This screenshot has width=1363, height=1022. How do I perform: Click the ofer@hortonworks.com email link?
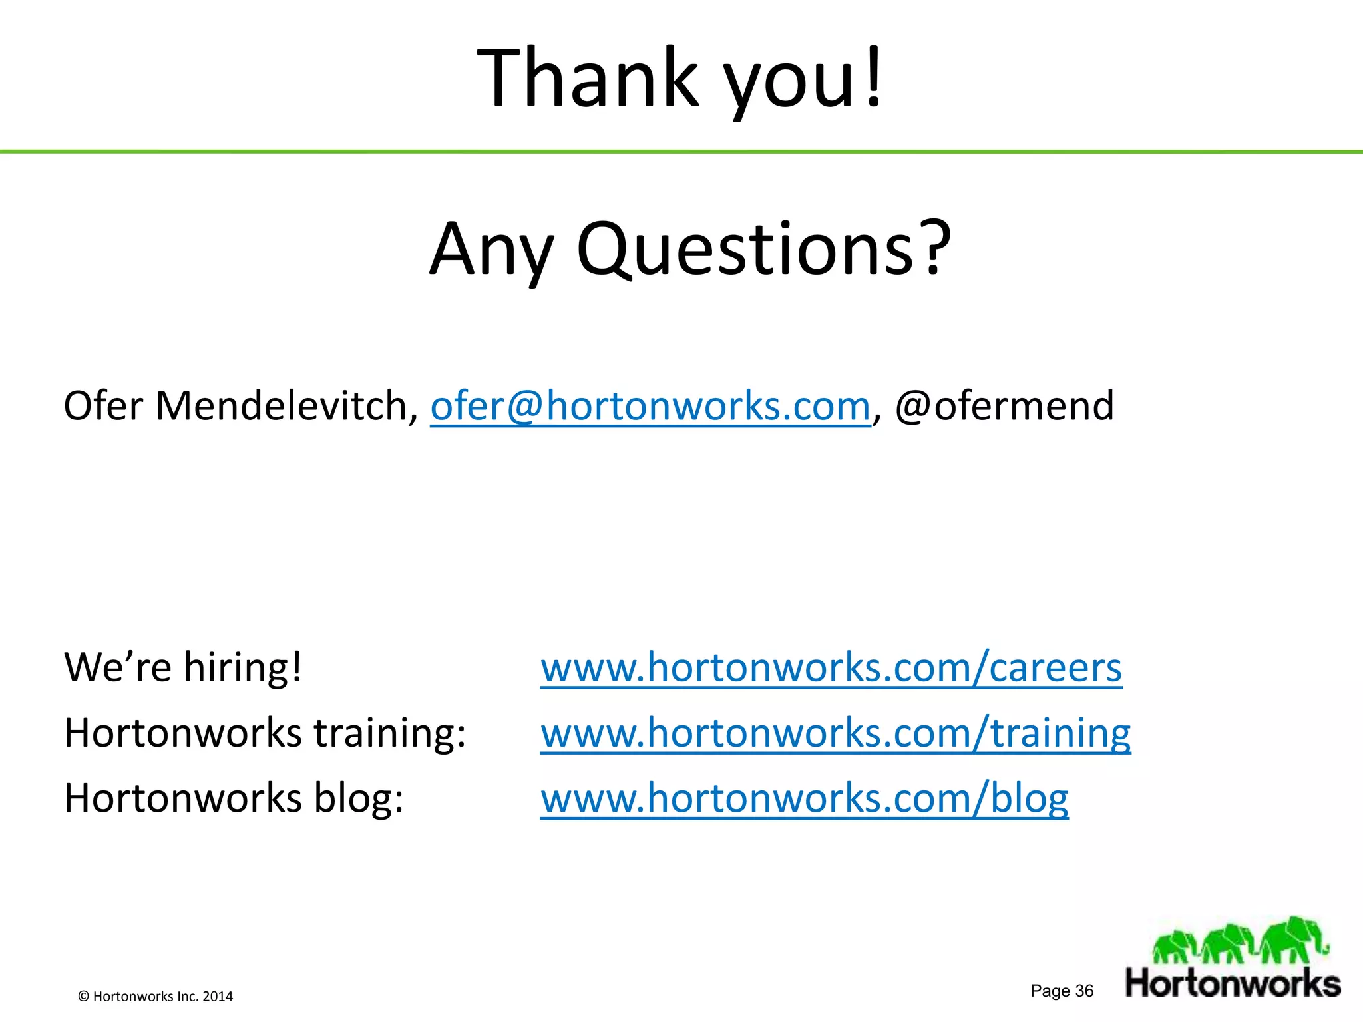point(650,406)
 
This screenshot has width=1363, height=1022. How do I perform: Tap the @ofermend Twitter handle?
point(1004,406)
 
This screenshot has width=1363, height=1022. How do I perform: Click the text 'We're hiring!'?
point(183,667)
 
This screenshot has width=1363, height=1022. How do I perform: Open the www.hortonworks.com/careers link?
point(831,667)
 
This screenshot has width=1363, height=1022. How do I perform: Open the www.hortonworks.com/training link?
point(835,733)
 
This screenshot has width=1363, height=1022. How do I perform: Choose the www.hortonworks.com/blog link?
point(804,798)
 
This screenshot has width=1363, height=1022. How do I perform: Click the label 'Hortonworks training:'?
point(265,733)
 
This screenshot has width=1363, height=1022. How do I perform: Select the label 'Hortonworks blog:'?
point(234,798)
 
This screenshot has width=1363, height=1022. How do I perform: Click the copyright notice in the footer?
point(156,996)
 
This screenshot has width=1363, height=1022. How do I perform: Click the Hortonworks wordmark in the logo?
point(1233,983)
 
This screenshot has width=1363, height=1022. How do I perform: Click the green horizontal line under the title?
point(681,152)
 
